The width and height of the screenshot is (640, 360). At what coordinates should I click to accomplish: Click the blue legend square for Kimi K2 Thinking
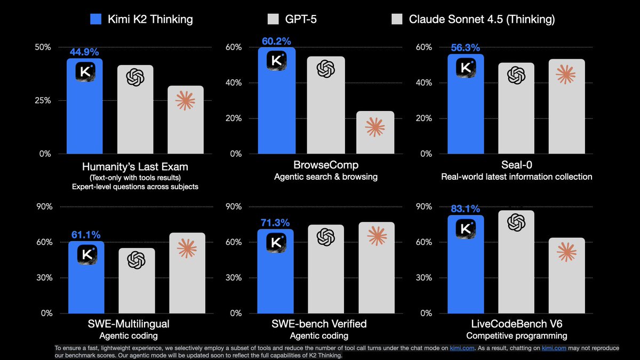(x=97, y=20)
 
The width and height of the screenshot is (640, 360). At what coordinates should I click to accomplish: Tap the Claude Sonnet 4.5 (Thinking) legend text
(x=482, y=20)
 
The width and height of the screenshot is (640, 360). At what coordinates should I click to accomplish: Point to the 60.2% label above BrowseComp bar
(x=276, y=41)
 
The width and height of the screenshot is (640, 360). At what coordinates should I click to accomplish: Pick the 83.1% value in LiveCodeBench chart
(x=465, y=209)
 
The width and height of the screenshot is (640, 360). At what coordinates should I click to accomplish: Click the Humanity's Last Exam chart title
(x=135, y=166)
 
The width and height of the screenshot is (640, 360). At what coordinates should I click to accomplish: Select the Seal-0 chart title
(x=516, y=165)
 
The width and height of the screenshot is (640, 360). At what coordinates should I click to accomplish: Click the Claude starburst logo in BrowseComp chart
(x=375, y=127)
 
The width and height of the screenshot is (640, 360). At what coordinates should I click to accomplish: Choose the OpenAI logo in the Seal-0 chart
(x=516, y=75)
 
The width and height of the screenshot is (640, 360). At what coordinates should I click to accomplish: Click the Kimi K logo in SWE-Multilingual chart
(x=87, y=254)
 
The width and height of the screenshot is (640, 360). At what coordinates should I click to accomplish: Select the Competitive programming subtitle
(x=516, y=335)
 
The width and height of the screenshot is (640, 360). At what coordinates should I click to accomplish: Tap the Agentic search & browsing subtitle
(x=326, y=177)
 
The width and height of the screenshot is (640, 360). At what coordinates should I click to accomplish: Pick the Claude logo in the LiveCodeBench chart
(x=566, y=252)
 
